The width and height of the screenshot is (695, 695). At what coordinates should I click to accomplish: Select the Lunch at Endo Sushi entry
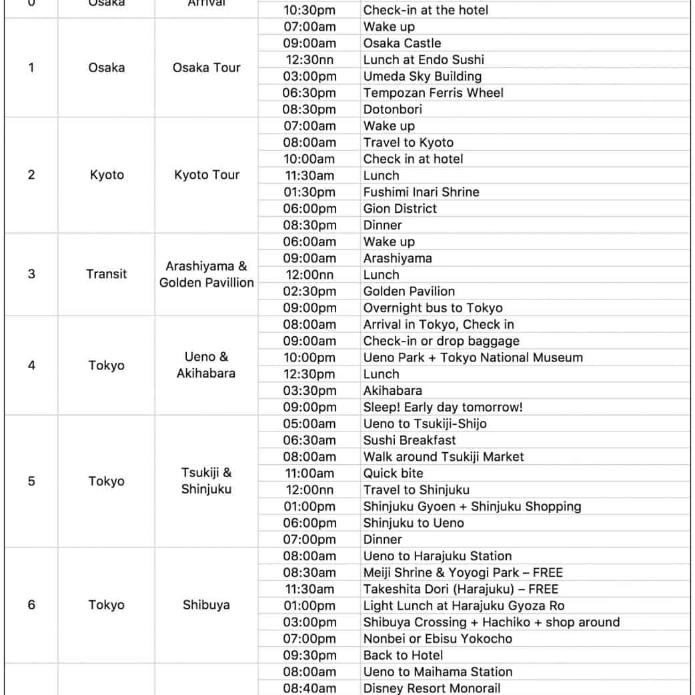point(424,60)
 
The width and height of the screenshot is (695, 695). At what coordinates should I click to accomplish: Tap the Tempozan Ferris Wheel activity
point(433,93)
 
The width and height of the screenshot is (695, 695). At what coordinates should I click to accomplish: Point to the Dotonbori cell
point(393,109)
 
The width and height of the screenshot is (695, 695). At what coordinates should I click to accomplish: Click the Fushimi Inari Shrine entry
point(421,192)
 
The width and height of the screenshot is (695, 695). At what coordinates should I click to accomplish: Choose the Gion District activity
point(400,209)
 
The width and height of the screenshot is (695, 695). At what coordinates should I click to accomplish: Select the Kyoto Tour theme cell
point(206,175)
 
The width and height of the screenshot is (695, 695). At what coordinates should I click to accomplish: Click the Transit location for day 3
point(106,274)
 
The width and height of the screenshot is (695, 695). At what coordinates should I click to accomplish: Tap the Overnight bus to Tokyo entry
point(433,308)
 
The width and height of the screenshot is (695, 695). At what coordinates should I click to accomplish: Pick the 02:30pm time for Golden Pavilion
point(309,291)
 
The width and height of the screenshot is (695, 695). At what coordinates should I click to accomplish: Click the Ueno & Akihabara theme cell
point(206,366)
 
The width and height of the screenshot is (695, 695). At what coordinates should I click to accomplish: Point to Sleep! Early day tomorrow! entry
point(443,408)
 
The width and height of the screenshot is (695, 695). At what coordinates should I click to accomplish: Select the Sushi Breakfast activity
point(410,440)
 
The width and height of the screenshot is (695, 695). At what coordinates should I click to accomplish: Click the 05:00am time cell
point(309,424)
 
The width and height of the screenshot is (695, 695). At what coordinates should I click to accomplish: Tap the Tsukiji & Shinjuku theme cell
point(206,481)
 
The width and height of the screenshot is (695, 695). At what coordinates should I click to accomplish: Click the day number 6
point(31,605)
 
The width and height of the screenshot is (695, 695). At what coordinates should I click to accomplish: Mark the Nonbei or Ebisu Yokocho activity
point(438,638)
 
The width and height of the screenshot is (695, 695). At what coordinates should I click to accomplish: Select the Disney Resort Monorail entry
point(432,688)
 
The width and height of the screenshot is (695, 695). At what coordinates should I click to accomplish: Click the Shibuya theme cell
point(206,605)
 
